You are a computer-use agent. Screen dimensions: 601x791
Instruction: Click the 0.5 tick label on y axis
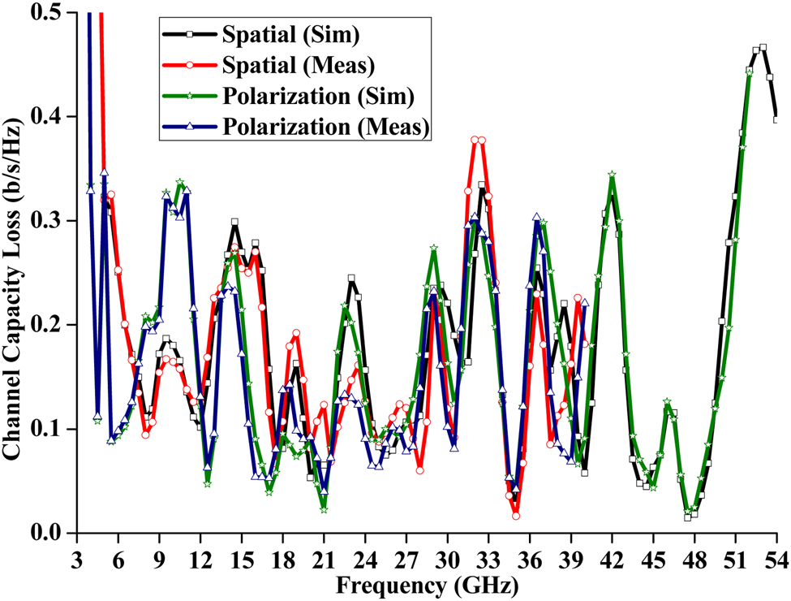click(51, 13)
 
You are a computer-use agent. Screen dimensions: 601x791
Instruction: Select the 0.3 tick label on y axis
click(51, 221)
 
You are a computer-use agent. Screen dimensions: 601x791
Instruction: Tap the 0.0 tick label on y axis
click(51, 533)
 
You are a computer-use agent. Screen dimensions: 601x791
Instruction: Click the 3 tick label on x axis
click(77, 560)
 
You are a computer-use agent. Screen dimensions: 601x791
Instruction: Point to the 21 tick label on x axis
click(324, 560)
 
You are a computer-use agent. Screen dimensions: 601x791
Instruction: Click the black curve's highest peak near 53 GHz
click(763, 47)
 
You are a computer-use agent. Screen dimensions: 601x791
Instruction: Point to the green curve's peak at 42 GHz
click(612, 175)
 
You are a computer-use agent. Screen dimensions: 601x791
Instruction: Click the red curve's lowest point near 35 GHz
click(516, 516)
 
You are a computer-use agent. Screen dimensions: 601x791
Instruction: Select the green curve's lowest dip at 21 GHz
click(324, 510)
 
